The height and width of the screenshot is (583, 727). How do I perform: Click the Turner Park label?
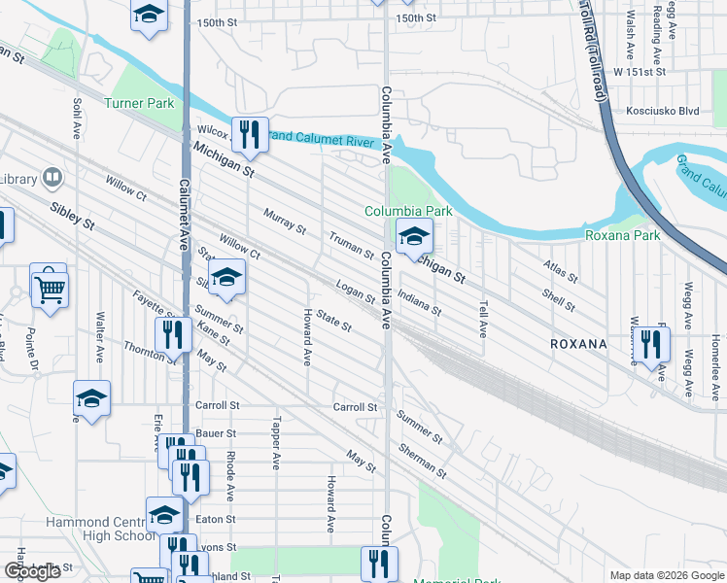click(138, 103)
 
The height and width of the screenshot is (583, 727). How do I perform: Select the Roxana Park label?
click(622, 235)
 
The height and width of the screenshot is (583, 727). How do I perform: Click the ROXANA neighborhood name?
click(578, 344)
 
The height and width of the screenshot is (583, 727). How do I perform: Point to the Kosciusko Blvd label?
click(663, 112)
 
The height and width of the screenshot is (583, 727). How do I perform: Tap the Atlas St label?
click(560, 270)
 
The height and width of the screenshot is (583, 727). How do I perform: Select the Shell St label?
click(560, 299)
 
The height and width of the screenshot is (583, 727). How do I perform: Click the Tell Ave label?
click(482, 319)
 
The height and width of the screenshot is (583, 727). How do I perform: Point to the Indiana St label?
click(420, 304)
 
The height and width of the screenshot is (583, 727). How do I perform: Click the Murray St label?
click(284, 223)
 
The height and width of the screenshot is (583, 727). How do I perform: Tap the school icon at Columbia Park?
click(414, 235)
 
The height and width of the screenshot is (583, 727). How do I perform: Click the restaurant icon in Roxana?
click(650, 343)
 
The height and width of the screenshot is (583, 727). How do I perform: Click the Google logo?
click(33, 571)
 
